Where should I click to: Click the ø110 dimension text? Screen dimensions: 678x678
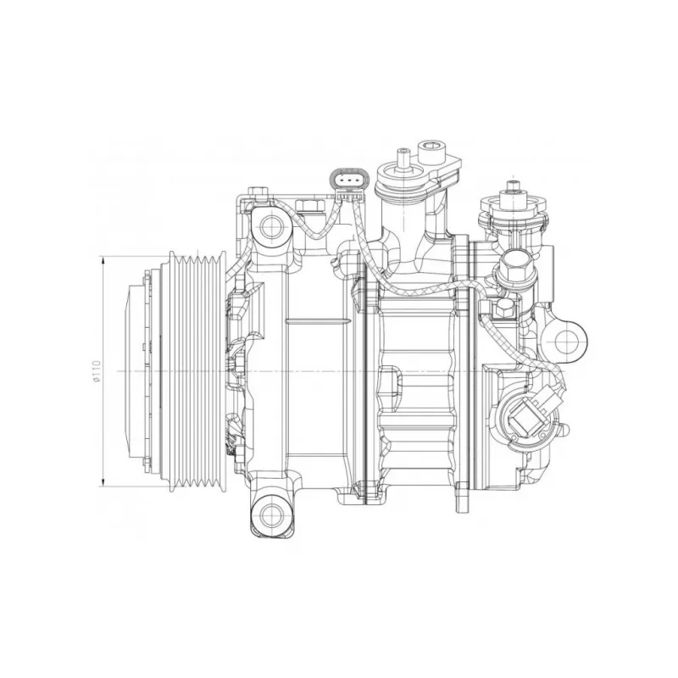pyautogui.click(x=97, y=371)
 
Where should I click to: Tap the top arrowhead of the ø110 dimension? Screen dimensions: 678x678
pyautogui.click(x=103, y=261)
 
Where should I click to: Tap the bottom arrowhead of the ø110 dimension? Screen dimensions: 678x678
pyautogui.click(x=103, y=481)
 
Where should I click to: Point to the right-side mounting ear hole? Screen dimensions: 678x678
pyautogui.click(x=568, y=342)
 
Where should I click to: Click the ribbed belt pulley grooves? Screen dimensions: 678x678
pyautogui.click(x=197, y=371)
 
